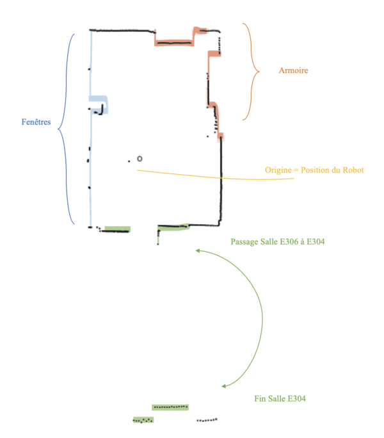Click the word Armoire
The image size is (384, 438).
click(x=293, y=70)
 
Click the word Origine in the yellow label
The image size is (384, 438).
click(x=280, y=170)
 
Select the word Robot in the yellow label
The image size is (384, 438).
click(x=352, y=170)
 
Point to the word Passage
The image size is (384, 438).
click(x=244, y=242)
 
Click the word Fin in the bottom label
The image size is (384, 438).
click(x=259, y=399)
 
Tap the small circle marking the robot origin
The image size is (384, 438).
click(x=140, y=158)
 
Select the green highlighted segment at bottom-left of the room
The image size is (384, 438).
click(x=117, y=229)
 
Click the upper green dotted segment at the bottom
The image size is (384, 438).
click(x=170, y=407)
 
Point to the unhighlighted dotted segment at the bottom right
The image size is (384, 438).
click(x=207, y=420)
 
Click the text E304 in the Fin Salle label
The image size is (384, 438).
click(x=295, y=399)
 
